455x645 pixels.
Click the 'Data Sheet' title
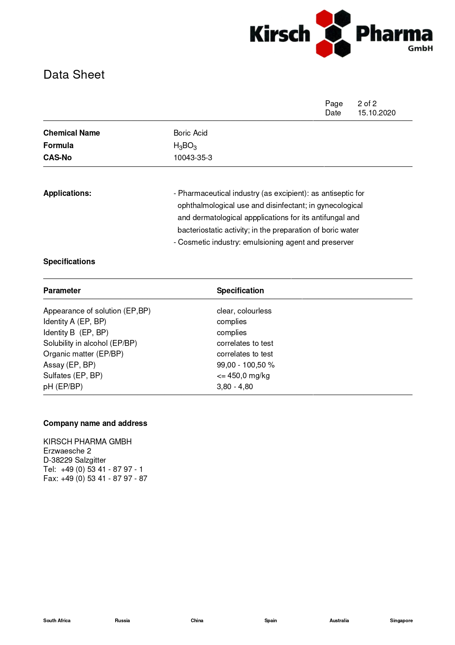74,75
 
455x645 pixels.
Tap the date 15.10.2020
376,113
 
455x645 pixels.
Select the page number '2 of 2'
367,104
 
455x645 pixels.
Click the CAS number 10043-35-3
193,158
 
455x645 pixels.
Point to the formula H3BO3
185,146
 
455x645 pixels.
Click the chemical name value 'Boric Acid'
190,133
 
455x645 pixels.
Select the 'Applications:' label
67,193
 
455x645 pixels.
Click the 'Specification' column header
240,291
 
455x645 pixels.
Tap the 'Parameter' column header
62,291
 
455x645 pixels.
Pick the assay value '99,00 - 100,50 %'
245,365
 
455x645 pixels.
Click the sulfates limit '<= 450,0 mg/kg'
243,376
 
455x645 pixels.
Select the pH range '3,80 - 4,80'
234,387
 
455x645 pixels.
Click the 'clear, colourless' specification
244,311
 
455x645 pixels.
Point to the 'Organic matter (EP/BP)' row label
83,354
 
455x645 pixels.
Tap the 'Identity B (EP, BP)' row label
76,333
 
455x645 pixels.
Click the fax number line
95,479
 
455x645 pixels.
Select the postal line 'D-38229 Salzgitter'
74,460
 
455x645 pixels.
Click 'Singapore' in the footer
401,620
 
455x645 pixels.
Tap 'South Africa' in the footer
57,620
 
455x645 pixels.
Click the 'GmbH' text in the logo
420,49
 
